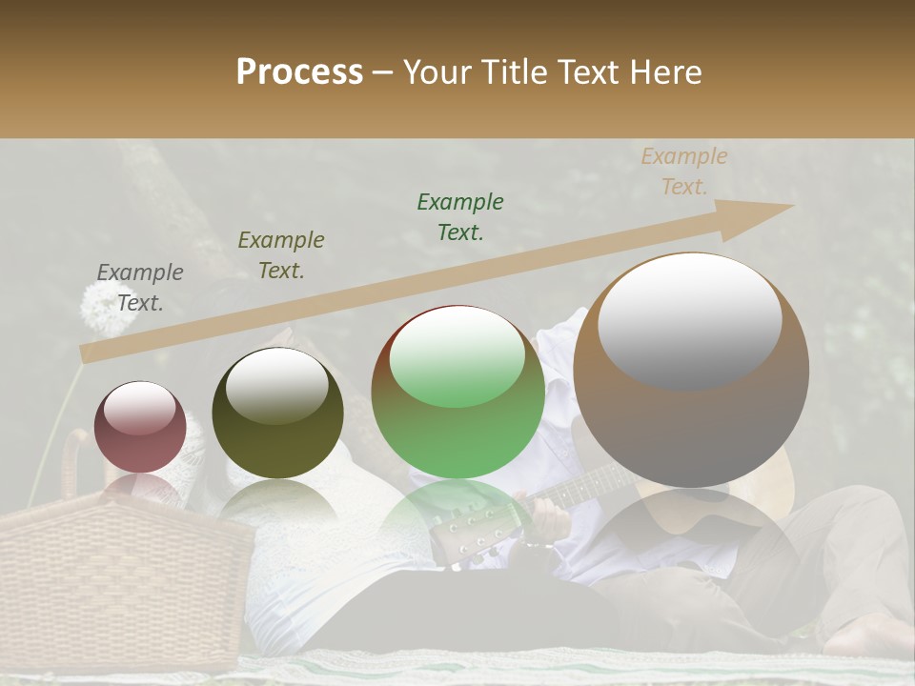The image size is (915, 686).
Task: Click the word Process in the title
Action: click(299, 73)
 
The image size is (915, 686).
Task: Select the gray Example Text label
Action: click(140, 288)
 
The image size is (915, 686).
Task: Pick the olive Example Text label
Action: click(281, 255)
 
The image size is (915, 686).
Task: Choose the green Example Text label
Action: click(460, 217)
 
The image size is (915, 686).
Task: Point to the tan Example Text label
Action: click(683, 171)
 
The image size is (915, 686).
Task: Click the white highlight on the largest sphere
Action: click(690, 319)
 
